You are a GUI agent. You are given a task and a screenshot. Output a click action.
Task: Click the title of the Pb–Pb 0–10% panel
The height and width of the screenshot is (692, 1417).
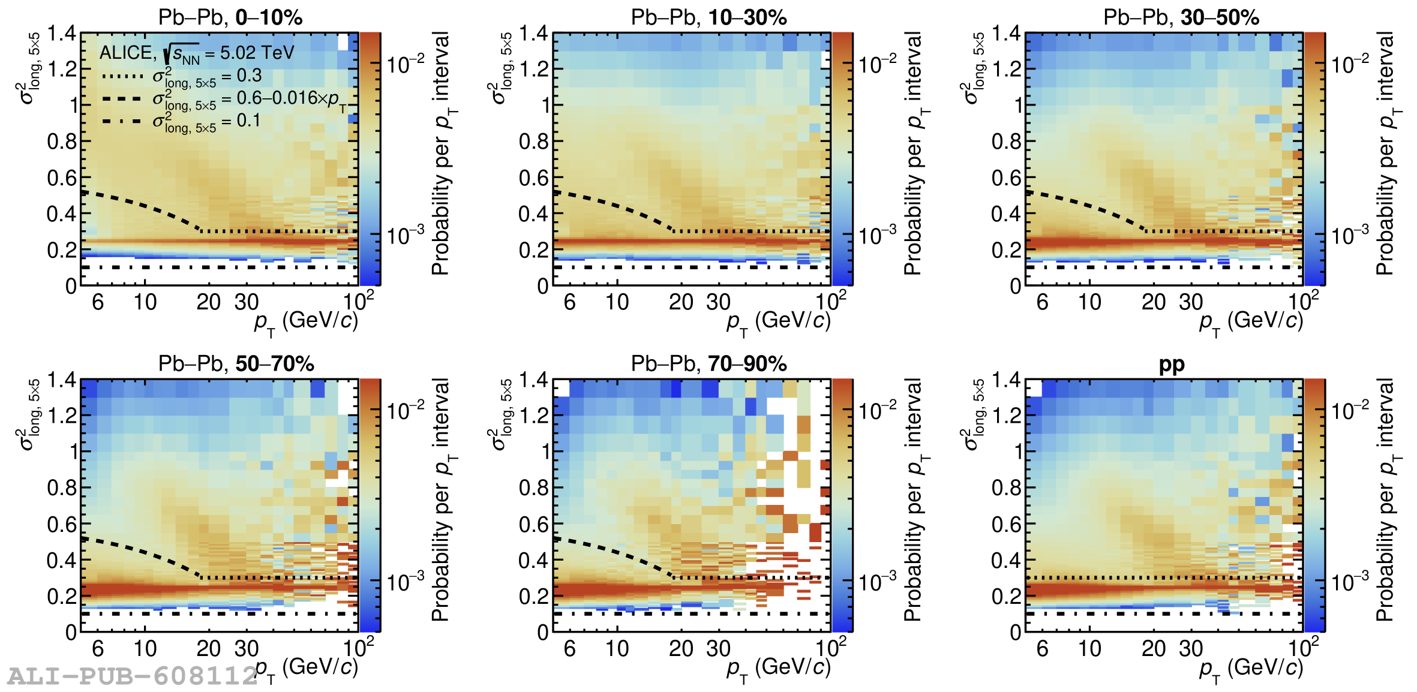(230, 17)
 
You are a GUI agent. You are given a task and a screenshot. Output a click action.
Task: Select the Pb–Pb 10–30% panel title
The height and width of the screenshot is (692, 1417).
(708, 17)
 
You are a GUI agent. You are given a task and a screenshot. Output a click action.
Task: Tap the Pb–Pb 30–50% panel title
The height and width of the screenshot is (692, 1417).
(1181, 17)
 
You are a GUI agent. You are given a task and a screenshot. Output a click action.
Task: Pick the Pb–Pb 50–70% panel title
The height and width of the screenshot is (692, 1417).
(236, 363)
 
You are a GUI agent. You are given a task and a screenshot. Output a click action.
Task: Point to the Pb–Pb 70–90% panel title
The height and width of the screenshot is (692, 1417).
(708, 363)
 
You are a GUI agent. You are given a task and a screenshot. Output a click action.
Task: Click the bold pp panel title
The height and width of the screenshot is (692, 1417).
(1171, 365)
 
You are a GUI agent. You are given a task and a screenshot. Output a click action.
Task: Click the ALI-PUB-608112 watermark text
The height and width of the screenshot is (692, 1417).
(132, 676)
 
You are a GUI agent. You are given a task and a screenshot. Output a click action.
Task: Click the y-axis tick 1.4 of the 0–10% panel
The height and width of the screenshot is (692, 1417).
(62, 34)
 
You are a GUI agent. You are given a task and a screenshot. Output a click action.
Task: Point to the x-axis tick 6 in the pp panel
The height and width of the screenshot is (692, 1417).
(1042, 649)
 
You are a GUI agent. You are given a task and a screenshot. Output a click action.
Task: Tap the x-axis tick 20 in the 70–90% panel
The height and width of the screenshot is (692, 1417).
(681, 649)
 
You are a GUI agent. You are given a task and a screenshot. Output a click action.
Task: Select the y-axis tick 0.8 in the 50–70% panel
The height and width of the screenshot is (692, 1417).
(62, 488)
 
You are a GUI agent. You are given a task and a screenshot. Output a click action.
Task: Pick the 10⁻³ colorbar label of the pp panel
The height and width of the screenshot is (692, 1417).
(1350, 582)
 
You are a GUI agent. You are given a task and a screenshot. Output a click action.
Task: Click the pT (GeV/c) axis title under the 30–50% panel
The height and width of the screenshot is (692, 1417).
(1251, 322)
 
